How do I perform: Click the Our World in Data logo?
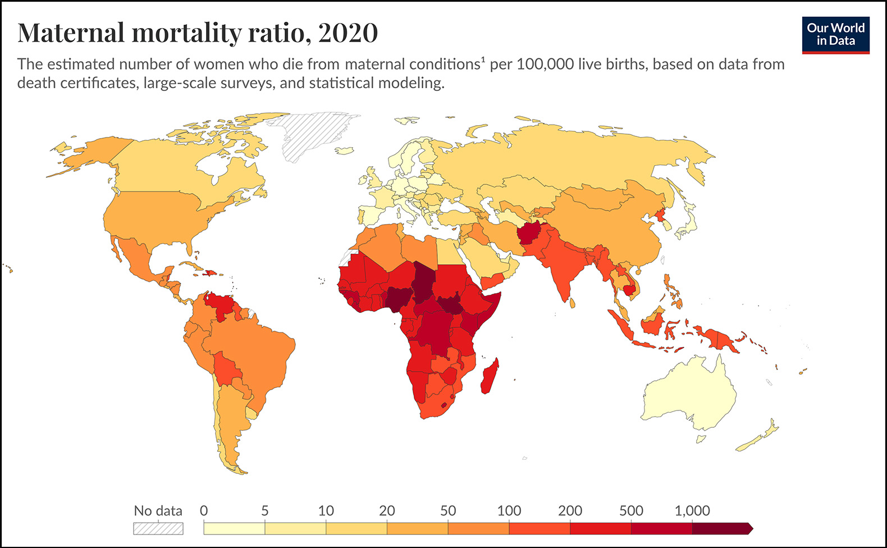835,35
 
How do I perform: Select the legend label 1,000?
692,511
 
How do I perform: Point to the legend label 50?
447,511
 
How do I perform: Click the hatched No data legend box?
158,528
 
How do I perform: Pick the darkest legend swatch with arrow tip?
721,528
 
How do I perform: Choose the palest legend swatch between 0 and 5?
234,528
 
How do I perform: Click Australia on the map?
688,393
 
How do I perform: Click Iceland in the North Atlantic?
344,150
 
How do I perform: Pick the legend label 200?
570,511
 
